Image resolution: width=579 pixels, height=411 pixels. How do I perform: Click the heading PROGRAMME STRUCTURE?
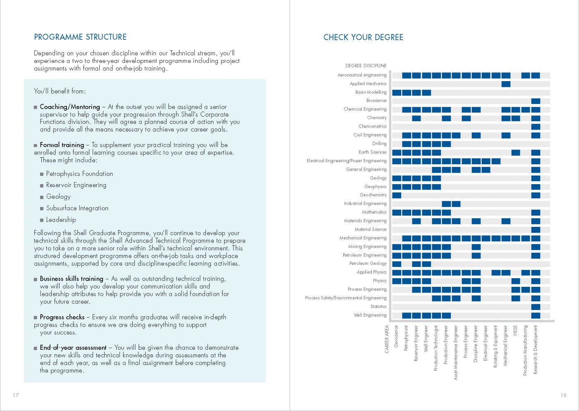pos(80,37)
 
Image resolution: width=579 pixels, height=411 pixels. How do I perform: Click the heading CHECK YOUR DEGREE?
pos(363,37)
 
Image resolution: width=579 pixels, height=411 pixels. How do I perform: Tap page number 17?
pos(16,395)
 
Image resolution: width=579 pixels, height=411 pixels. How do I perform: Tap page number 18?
pos(563,395)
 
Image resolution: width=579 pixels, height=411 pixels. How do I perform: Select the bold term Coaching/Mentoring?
pos(70,107)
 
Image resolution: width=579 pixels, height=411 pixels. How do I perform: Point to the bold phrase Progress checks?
pos(62,317)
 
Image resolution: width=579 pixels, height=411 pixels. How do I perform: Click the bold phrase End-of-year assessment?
pos(73,348)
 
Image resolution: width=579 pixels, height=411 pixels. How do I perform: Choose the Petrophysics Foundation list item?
pos(79,174)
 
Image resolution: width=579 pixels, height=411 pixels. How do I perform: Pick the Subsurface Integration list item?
pos(77,208)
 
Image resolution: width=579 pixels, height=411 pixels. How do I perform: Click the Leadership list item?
pos(61,220)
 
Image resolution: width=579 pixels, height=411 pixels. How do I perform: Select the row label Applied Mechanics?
pos(368,84)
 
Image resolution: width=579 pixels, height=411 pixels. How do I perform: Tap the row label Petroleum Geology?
pos(368,264)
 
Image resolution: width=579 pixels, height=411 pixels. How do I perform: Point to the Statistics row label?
pos(378,307)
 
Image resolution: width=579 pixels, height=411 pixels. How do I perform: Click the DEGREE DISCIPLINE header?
pos(366,65)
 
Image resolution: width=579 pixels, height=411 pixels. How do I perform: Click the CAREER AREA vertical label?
pos(387,339)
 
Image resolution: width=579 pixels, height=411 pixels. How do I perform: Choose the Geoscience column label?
pos(396,336)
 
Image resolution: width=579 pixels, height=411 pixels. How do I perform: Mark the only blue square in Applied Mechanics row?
pos(506,84)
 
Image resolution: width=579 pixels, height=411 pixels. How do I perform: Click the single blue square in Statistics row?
pos(536,307)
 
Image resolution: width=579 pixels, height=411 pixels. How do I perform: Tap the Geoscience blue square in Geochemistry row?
pos(397,195)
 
